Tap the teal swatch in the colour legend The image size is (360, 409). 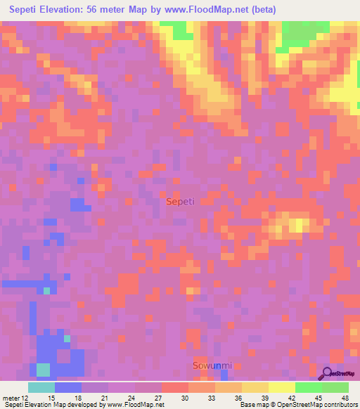tap(41, 387)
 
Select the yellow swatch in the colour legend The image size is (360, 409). tap(282, 387)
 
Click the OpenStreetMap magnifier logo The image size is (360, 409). tap(327, 374)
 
